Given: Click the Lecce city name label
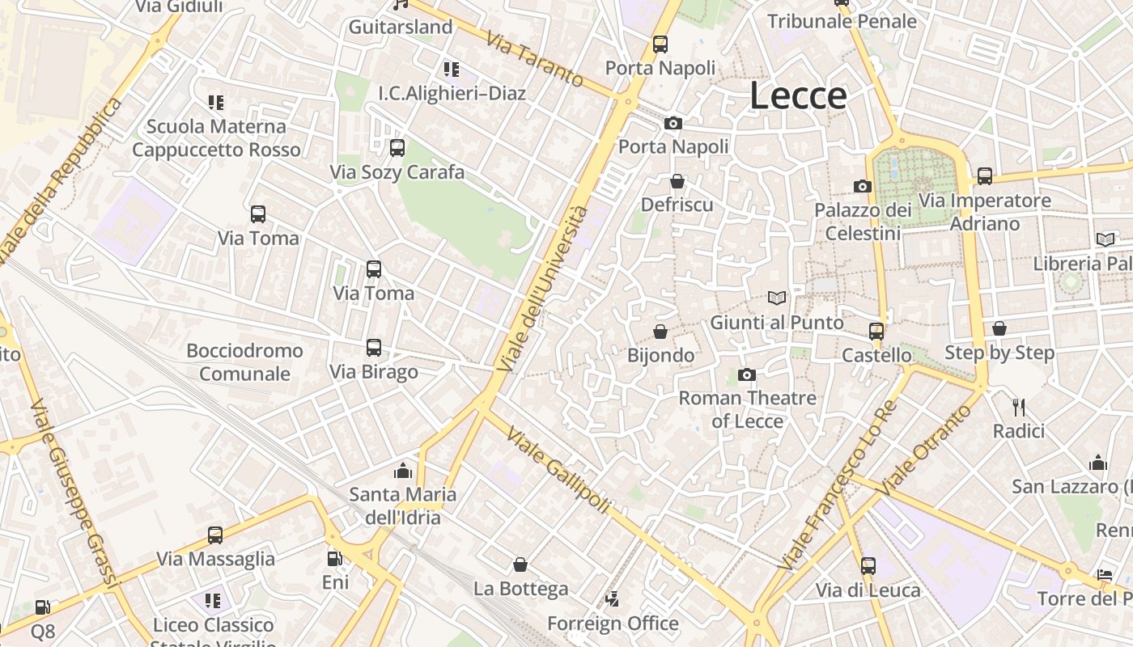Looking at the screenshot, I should click(x=798, y=95).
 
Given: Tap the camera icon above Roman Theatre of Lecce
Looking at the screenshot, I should click(x=747, y=374).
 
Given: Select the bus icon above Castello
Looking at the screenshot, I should click(x=876, y=331).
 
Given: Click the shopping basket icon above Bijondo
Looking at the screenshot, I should click(x=660, y=332).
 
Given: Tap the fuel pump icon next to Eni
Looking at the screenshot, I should click(x=334, y=558).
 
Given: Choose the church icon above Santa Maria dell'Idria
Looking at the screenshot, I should click(x=402, y=471).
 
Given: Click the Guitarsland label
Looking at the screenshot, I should click(x=401, y=27).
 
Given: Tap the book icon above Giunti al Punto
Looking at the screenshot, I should click(x=777, y=298).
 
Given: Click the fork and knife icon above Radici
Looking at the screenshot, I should click(x=1019, y=407).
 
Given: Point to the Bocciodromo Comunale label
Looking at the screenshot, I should click(x=244, y=362).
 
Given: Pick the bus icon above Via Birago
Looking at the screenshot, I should click(x=374, y=348).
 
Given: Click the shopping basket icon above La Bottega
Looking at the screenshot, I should click(x=520, y=565).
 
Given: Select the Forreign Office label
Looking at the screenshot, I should click(x=613, y=624).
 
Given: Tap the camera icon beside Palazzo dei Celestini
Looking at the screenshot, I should click(x=863, y=187).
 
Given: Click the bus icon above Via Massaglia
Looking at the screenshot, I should click(x=215, y=535).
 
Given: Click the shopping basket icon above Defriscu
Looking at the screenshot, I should click(x=677, y=181).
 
